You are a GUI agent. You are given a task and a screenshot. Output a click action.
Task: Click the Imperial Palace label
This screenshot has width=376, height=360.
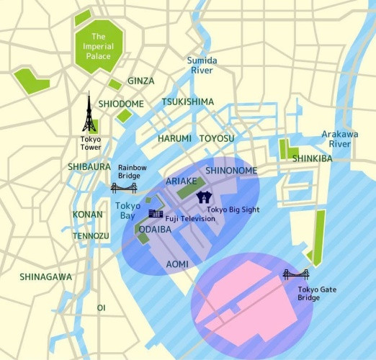click(99, 48)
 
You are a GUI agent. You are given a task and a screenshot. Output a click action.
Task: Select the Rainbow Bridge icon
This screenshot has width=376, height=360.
click(123, 188)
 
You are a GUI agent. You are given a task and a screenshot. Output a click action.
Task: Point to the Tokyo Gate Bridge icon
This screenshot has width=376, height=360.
click(295, 274)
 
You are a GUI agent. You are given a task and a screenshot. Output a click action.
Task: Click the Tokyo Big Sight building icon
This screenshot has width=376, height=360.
click(205, 196)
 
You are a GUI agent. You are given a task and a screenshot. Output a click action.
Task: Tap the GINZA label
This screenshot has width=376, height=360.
click(141, 81)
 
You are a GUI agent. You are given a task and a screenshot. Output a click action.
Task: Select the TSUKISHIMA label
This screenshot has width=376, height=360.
click(188, 102)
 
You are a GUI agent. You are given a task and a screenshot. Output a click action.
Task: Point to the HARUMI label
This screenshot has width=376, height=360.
click(174, 138)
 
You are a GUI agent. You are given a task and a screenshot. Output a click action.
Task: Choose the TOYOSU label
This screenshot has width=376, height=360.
click(217, 138)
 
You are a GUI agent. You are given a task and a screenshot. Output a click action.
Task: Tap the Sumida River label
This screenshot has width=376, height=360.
click(202, 66)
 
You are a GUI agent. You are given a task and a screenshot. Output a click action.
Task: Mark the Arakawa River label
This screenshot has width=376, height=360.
click(334, 139)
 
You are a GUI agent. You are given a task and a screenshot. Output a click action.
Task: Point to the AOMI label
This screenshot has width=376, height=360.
click(177, 264)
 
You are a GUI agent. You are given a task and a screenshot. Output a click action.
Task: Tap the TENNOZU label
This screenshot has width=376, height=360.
click(91, 235)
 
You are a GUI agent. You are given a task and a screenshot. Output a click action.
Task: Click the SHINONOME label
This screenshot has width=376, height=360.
click(229, 171)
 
